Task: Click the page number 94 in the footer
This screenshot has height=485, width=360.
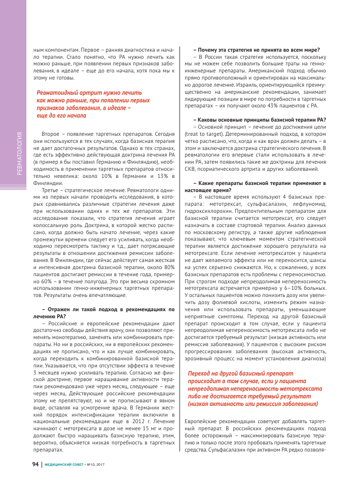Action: [35, 464]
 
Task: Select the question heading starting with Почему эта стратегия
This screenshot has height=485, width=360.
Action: [257, 50]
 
